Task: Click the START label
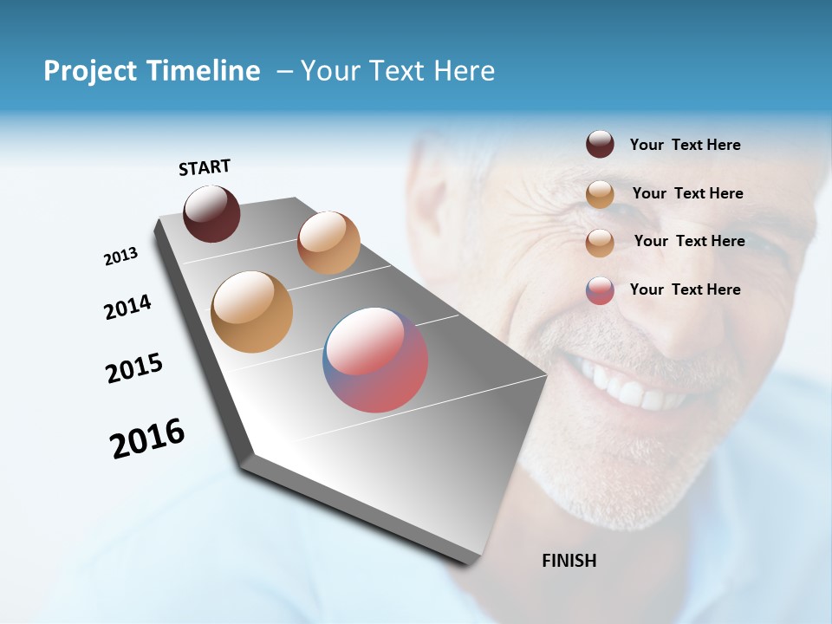pos(205,167)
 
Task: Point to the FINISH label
pos(569,561)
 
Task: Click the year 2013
pos(120,257)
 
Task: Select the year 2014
pos(128,308)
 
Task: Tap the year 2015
pos(134,369)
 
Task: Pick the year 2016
pos(147,439)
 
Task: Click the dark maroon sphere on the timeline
pos(211,213)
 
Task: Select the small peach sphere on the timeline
pos(328,243)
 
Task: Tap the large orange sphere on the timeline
pos(251,312)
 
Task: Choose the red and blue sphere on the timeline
pos(375,360)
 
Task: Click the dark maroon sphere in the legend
pos(600,145)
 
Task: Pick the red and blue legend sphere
pos(600,290)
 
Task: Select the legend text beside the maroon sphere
pos(685,146)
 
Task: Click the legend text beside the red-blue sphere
pos(685,289)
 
